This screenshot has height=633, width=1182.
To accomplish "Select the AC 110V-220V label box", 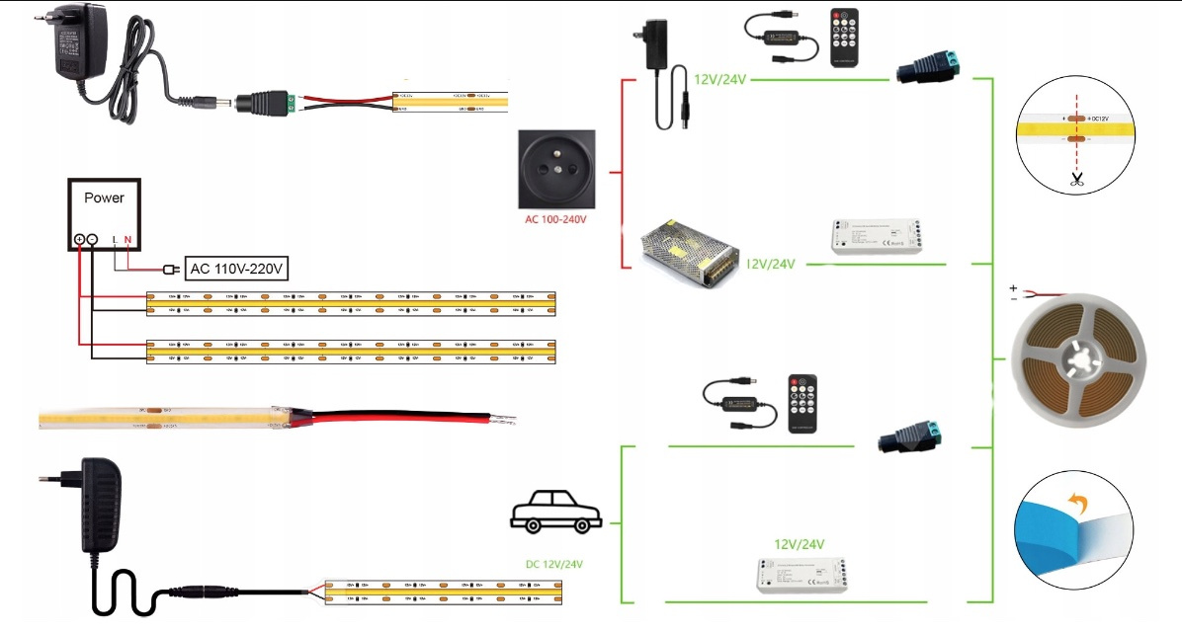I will point(238,268).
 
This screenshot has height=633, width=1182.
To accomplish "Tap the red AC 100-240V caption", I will point(555,218).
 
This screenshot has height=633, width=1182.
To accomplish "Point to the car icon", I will point(555,513).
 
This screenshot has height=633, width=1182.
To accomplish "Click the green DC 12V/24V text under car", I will point(555,564).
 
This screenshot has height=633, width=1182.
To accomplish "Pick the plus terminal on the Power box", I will point(79,240).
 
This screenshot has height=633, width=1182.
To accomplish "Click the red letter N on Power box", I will point(127,240).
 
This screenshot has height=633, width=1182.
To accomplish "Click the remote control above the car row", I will point(806,403).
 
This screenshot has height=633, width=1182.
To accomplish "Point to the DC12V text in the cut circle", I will point(1099,119).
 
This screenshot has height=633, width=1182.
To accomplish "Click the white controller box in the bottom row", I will point(799,573).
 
